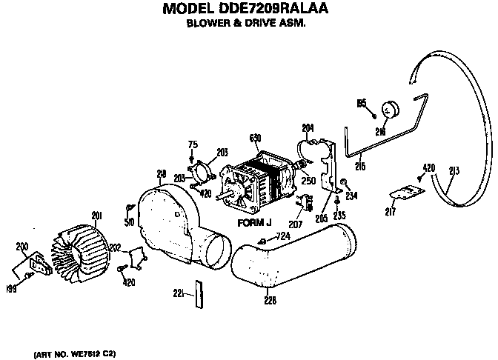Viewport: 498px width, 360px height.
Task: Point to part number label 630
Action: (x=256, y=138)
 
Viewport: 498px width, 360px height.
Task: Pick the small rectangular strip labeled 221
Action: (x=196, y=293)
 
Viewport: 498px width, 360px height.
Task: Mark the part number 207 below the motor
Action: (x=295, y=223)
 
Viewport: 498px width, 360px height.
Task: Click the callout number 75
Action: (x=192, y=144)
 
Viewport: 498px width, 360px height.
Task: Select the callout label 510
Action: (x=130, y=221)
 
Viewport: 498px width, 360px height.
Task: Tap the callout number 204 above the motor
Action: (x=308, y=126)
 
